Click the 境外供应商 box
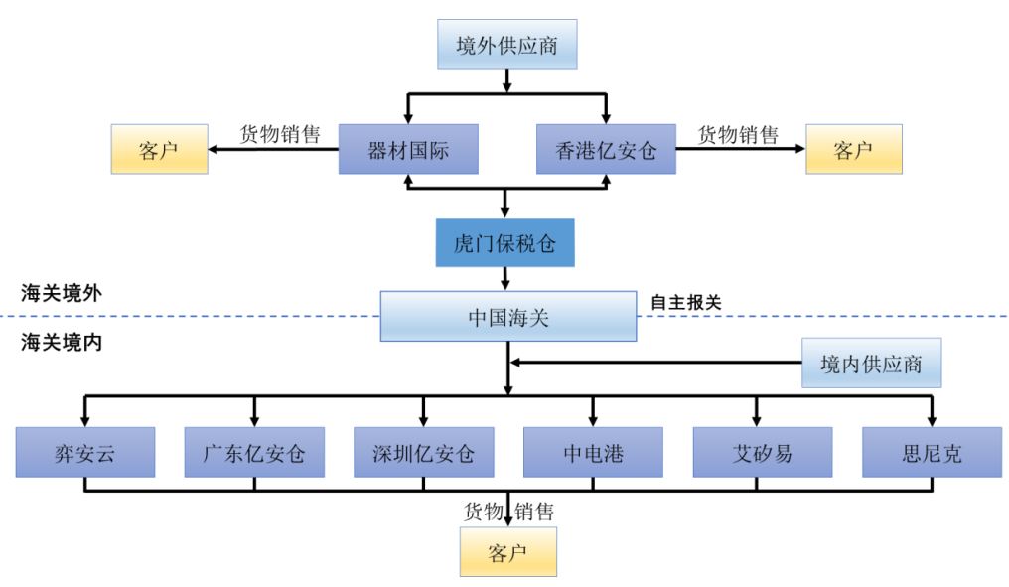[x=506, y=45]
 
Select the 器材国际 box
[x=408, y=150]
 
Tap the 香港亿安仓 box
[x=606, y=150]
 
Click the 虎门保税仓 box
[x=504, y=242]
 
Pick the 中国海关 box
[x=507, y=317]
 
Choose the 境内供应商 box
[x=871, y=364]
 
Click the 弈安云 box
[x=85, y=453]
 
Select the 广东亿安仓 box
[x=254, y=453]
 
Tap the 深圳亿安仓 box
[x=424, y=453]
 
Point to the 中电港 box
[x=593, y=453]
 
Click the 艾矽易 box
[x=762, y=453]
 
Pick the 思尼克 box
[x=932, y=453]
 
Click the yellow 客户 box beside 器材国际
[x=159, y=150]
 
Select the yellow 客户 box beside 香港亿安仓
[x=853, y=150]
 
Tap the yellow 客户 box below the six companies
[x=507, y=552]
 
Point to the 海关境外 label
[x=62, y=294]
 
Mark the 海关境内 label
[x=62, y=343]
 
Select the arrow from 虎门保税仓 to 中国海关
[x=505, y=278]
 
